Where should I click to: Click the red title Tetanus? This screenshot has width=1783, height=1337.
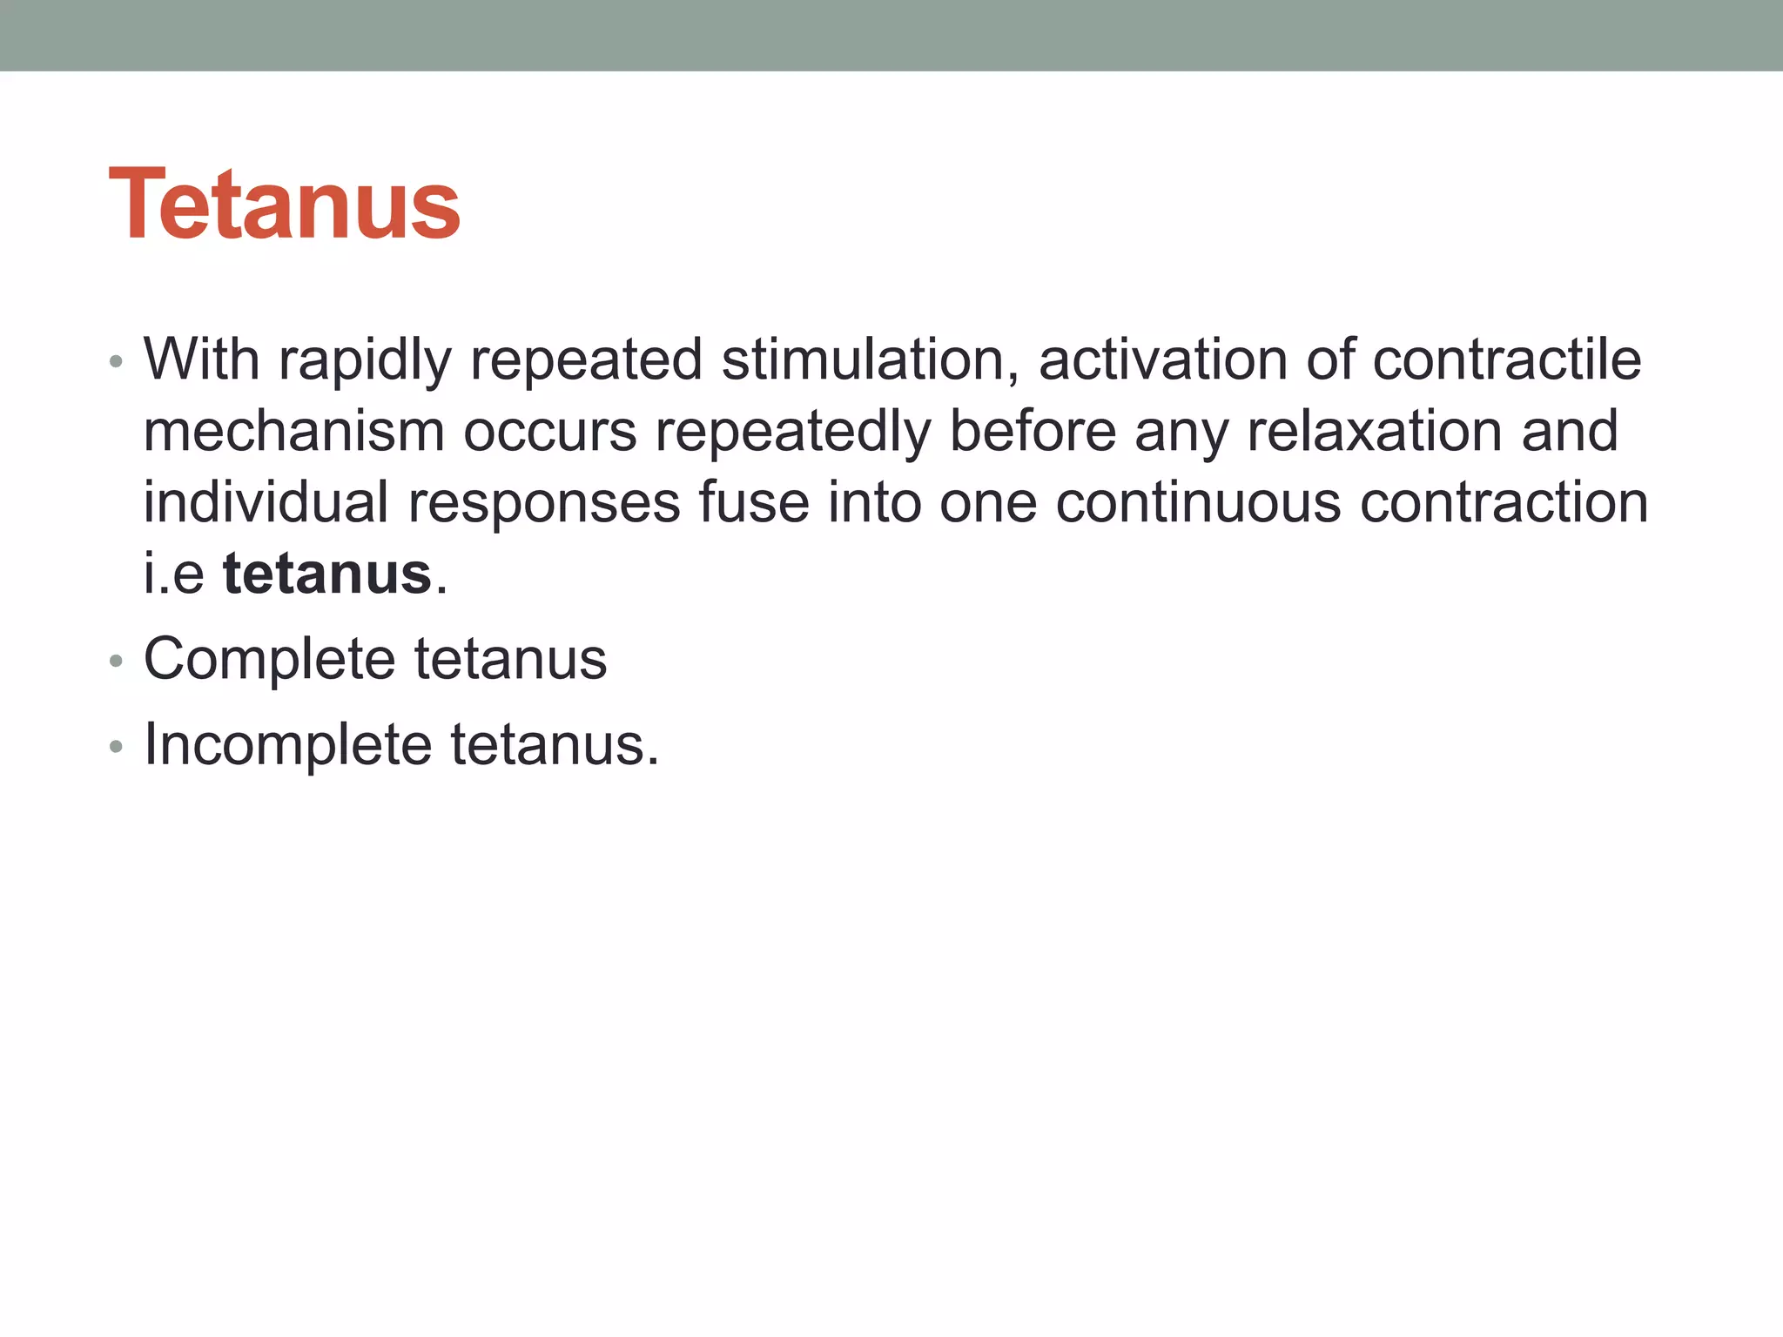284,205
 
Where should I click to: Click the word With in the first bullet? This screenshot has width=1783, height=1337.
201,359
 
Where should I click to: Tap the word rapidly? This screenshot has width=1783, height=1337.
365,361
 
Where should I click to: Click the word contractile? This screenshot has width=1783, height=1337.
1506,359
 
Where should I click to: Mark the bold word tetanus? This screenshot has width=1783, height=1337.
327,574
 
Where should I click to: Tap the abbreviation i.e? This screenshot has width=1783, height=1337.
174,574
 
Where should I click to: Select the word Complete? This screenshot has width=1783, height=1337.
269,660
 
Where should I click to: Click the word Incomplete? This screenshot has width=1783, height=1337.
287,745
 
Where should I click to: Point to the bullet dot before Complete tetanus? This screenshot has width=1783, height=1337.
117,662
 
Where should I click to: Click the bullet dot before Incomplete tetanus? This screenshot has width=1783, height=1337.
117,747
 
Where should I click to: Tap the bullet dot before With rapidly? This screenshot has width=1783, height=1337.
117,361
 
